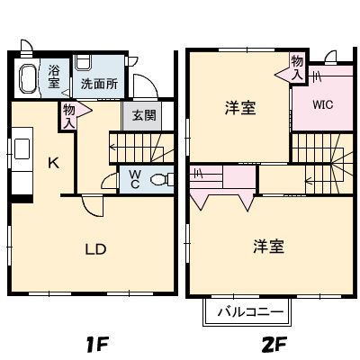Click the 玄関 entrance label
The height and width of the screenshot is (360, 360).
click(143, 115)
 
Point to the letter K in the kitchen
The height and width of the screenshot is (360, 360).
click(53, 163)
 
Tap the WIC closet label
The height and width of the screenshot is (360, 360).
click(323, 103)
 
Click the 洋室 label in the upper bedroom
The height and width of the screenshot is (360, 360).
click(239, 108)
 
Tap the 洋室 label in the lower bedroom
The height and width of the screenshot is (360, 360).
click(268, 246)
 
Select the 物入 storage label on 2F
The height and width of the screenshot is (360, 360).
click(297, 66)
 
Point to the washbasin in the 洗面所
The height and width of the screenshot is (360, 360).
click(84, 63)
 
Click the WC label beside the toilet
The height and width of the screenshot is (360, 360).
click(133, 178)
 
